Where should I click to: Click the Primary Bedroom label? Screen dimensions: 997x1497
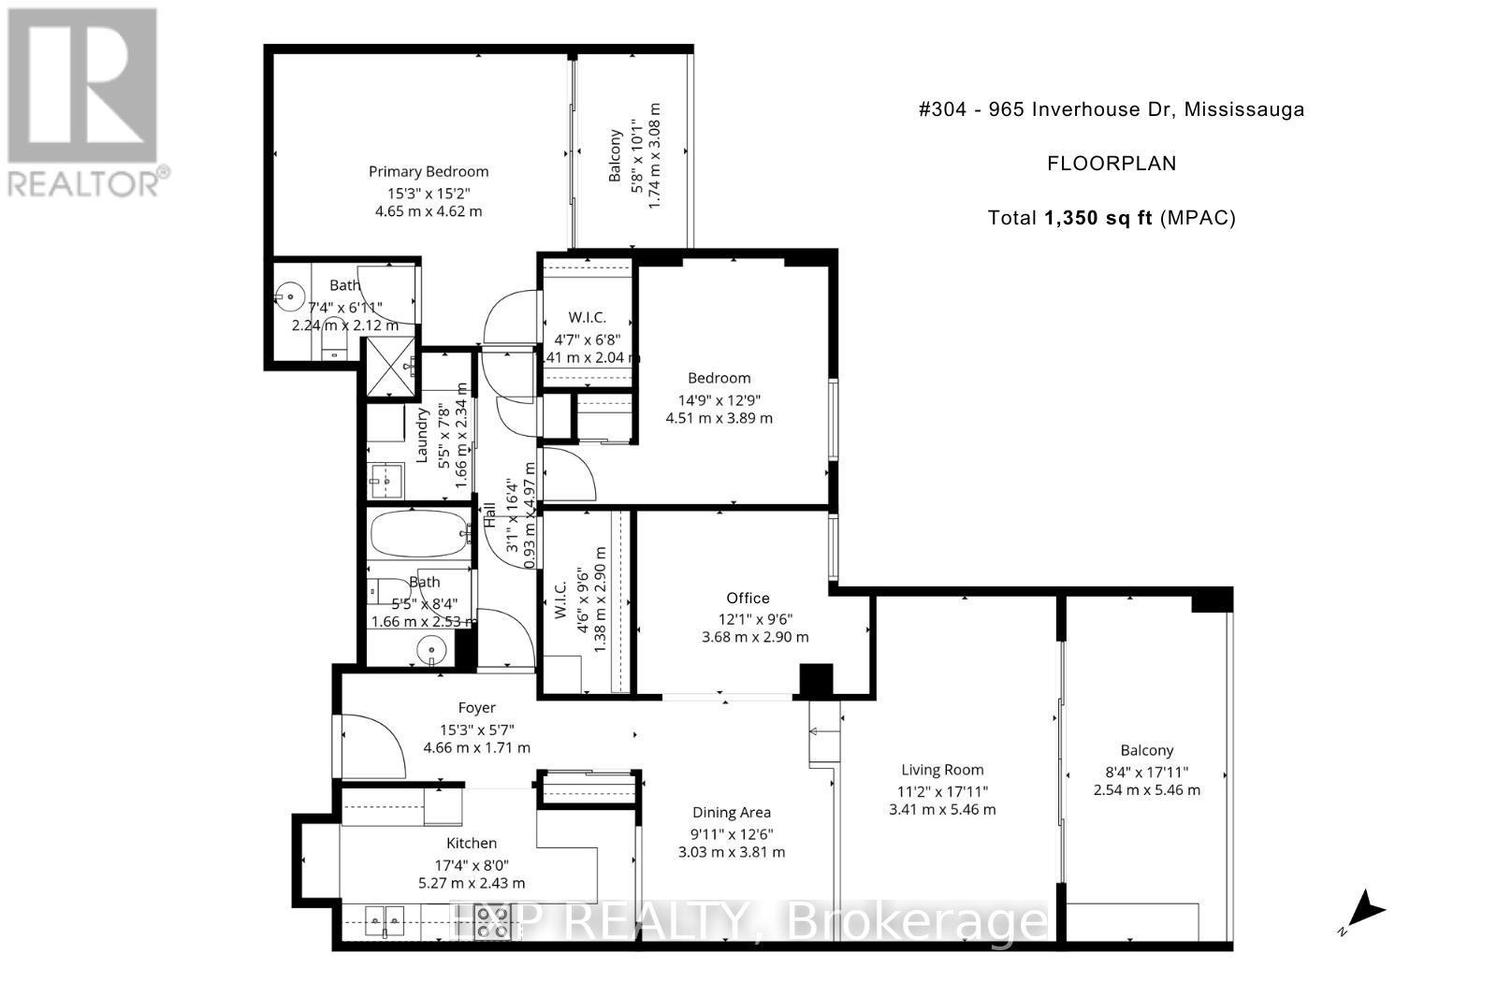[429, 171]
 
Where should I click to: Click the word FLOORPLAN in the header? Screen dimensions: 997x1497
[1111, 164]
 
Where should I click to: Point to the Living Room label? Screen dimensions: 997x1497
[942, 770]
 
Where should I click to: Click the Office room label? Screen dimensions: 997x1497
[748, 598]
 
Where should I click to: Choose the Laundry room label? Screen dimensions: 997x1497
[422, 434]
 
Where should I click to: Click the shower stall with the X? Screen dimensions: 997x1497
[389, 368]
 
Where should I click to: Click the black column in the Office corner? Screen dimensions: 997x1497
[815, 680]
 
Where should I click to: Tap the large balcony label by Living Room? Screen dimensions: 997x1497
[1146, 750]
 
